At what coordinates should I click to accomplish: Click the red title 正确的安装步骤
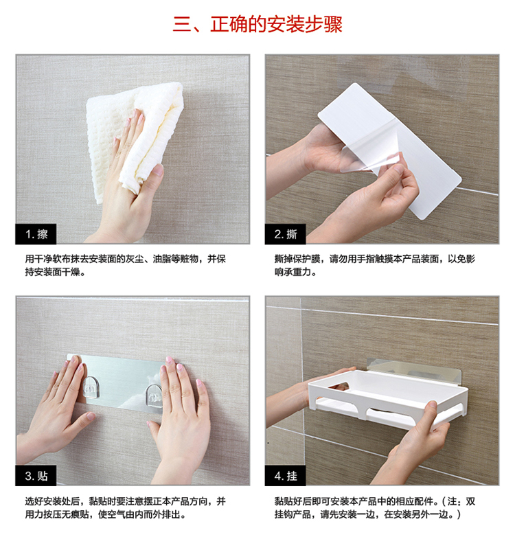(x=276, y=24)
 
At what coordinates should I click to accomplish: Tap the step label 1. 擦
(x=36, y=234)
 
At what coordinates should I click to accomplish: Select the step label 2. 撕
(x=285, y=234)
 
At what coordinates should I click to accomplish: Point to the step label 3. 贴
(x=36, y=476)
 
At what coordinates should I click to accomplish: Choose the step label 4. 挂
(x=285, y=476)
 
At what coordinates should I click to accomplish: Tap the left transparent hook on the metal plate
(x=91, y=387)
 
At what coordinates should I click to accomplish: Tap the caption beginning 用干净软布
(x=125, y=265)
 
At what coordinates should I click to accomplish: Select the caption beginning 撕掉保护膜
(x=375, y=265)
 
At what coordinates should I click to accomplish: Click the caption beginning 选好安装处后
(x=125, y=507)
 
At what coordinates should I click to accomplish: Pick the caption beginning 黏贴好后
(x=375, y=507)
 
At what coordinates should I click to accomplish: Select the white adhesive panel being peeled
(x=389, y=151)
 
